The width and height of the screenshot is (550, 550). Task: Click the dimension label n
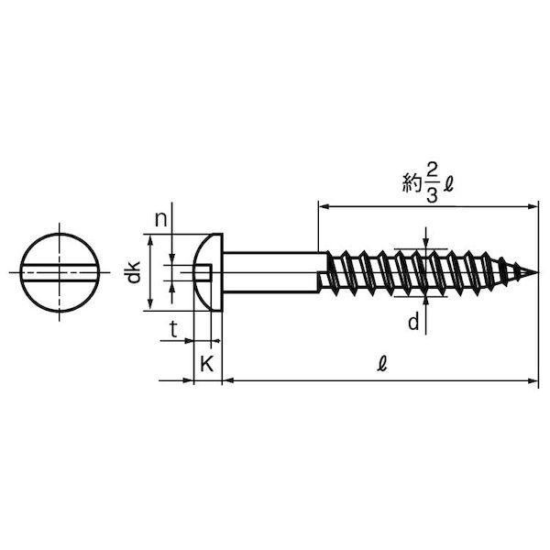point(161,220)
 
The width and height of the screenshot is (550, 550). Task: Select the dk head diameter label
point(134,272)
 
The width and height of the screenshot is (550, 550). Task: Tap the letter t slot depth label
point(173,329)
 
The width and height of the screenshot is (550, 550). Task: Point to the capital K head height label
point(207,364)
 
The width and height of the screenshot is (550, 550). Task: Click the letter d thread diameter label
point(414,322)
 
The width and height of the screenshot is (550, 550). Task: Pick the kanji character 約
point(412,183)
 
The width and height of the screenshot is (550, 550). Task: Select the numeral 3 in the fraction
point(432,195)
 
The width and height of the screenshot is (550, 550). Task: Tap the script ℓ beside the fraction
point(448,184)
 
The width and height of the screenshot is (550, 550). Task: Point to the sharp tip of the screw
point(536,272)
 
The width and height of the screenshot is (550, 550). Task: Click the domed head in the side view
point(208,272)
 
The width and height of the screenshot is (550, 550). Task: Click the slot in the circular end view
point(60,272)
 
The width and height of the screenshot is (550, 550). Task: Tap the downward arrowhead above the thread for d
point(425,244)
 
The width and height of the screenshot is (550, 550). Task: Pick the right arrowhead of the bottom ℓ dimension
point(533,380)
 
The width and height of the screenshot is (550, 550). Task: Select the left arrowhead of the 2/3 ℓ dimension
point(324,207)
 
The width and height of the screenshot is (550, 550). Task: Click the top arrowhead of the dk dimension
point(150,241)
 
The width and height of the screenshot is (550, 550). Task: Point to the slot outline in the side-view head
point(203,272)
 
